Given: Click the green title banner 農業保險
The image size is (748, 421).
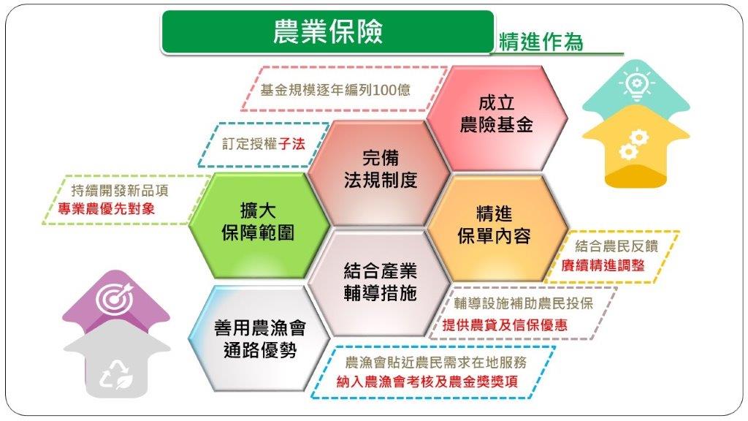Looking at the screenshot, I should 327,31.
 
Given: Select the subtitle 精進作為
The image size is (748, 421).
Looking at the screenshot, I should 541,42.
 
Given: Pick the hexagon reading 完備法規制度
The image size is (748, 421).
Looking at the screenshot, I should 381,170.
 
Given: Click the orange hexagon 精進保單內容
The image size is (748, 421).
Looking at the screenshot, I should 494,225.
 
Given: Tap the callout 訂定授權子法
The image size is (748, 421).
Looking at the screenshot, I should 263,144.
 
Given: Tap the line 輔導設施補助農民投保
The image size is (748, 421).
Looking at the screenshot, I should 523,304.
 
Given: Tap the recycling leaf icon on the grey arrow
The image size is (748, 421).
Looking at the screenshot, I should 116,375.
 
